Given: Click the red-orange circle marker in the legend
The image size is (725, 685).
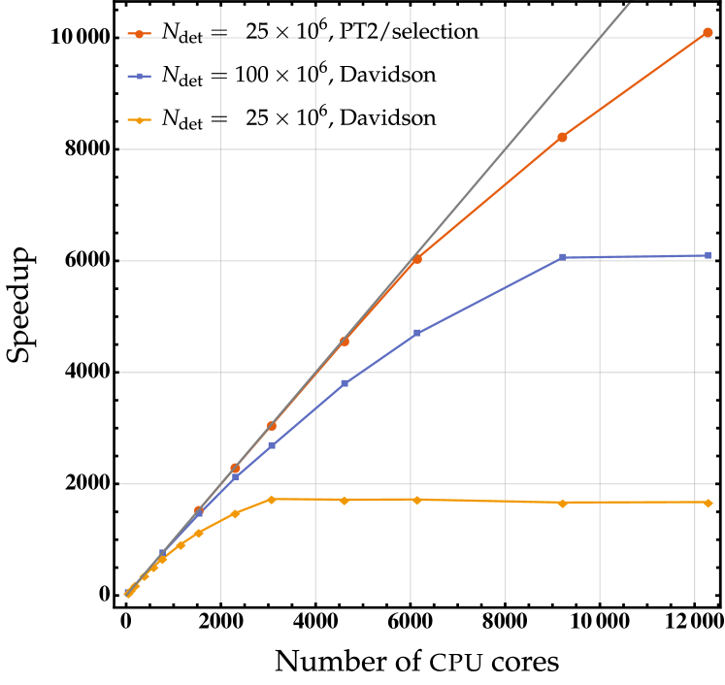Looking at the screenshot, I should [139, 34].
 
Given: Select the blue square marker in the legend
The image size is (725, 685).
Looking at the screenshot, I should [139, 76].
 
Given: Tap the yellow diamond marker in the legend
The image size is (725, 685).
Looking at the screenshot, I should [139, 120].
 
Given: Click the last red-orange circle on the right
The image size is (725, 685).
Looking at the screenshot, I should [708, 33].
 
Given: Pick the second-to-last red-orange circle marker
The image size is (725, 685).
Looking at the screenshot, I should [562, 138].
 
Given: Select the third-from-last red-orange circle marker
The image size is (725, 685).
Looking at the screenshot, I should [416, 259].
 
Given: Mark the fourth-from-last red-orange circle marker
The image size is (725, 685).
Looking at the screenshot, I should [344, 342].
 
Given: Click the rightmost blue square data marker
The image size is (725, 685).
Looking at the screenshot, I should [708, 255].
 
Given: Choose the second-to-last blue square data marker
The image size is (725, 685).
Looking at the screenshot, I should [562, 257].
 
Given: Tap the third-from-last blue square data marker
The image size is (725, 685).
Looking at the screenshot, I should [416, 333].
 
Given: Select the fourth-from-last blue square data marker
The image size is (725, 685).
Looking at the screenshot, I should [344, 383].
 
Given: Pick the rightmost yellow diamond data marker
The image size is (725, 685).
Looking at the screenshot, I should [708, 503].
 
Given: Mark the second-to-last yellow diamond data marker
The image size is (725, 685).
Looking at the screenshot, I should [562, 503].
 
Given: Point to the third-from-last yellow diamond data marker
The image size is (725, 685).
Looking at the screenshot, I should [416, 500].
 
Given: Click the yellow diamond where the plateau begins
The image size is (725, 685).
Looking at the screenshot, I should [271, 500].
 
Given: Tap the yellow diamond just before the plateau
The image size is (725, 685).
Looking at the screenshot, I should [235, 513].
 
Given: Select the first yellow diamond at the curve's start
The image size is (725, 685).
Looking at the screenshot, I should [127, 594].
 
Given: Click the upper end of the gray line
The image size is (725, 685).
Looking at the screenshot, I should [631, 3].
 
